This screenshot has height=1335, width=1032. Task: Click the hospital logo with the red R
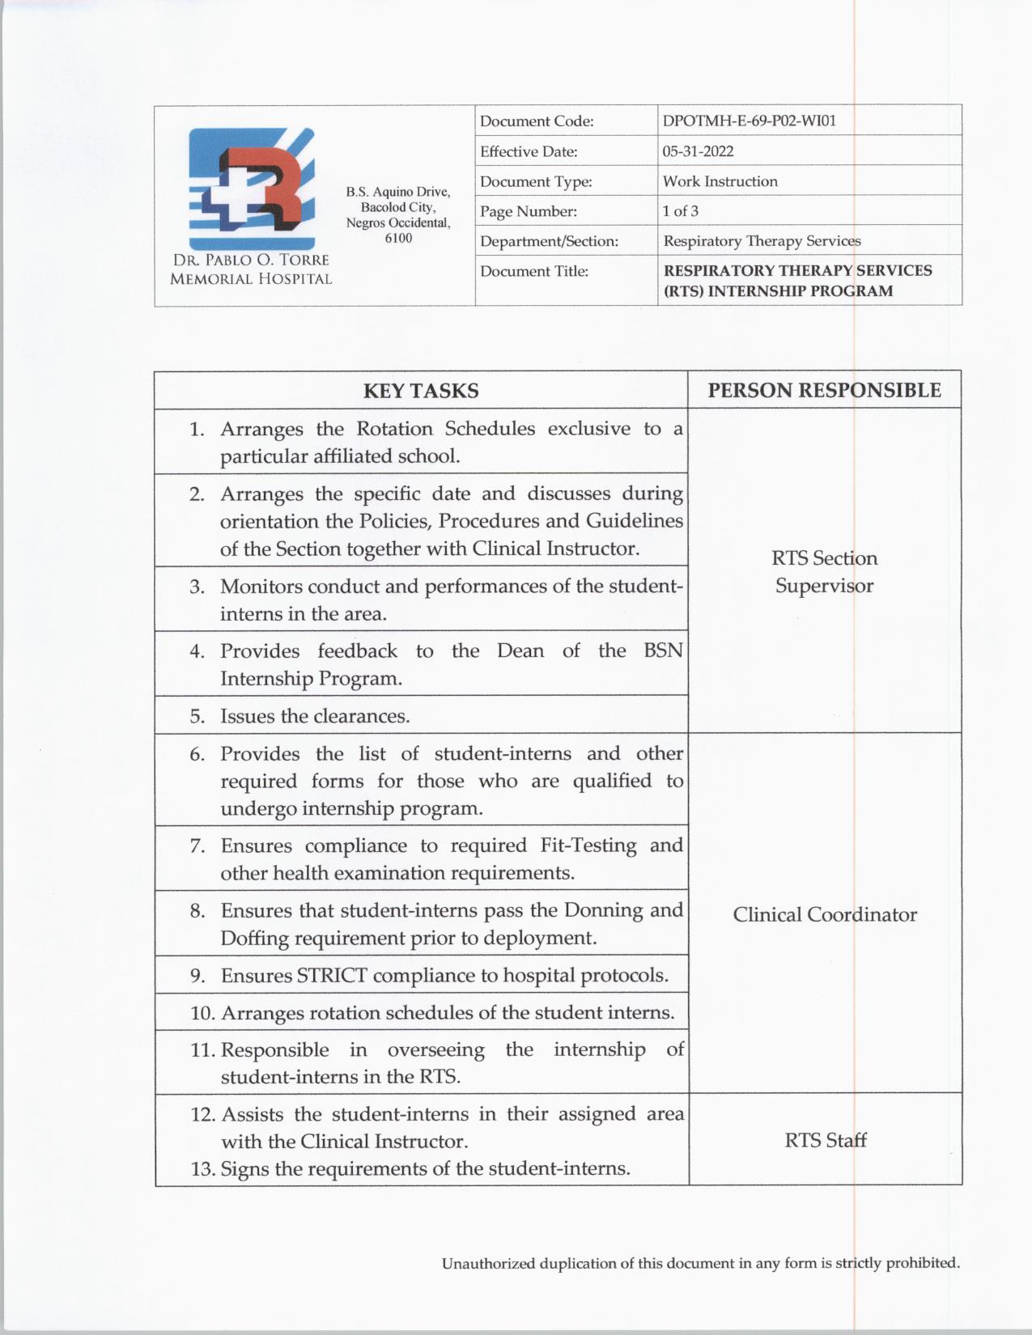pos(251,189)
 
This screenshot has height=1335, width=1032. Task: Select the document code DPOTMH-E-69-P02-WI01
pos(749,121)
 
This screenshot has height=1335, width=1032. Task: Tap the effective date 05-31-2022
pos(698,151)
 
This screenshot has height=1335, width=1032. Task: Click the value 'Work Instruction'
pos(720,181)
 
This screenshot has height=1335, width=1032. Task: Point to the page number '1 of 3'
pos(680,211)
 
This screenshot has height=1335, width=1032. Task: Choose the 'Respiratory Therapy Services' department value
pos(762,241)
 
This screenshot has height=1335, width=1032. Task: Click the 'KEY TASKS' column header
pos(421,391)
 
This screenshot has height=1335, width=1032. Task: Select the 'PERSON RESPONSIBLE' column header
pos(824,391)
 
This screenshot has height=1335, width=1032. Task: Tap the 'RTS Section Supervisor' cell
pos(824,571)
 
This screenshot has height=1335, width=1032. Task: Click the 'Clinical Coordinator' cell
pos(824,914)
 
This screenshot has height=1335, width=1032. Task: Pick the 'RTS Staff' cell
pos(825,1140)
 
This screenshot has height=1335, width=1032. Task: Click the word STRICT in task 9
pos(332,975)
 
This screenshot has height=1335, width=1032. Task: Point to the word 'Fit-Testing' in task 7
pos(588,845)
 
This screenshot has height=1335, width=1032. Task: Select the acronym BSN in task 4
pos(663,651)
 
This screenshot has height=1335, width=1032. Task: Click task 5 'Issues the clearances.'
pos(315,716)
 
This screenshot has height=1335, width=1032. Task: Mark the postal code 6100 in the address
pos(398,238)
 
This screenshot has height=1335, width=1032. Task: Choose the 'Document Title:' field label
pos(534,271)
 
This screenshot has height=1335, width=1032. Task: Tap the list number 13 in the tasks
pos(202,1169)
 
